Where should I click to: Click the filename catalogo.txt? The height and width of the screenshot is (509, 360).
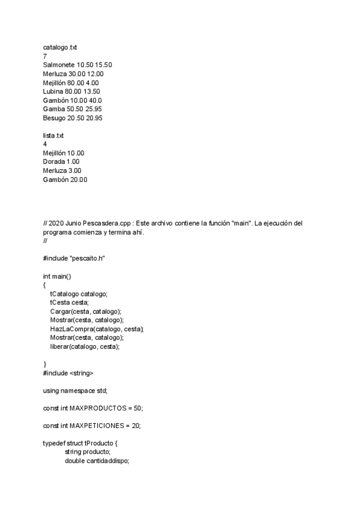pyautogui.click(x=60, y=46)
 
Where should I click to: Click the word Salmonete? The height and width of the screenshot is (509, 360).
pyautogui.click(x=59, y=64)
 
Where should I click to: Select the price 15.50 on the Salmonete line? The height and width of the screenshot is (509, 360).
pyautogui.click(x=104, y=64)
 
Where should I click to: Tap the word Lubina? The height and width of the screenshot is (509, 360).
pyautogui.click(x=53, y=91)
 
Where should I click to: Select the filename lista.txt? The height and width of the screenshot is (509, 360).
pyautogui.click(x=53, y=136)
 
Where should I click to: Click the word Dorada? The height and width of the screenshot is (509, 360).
pyautogui.click(x=53, y=162)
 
